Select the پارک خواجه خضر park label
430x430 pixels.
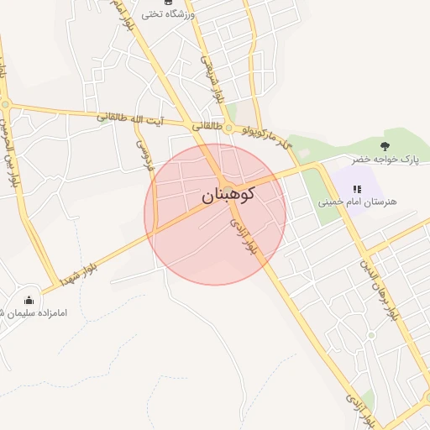click(385, 159)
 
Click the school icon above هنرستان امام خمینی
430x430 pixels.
click(357, 189)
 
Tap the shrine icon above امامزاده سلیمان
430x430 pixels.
click(29, 300)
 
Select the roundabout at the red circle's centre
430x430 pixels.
click(228, 186)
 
